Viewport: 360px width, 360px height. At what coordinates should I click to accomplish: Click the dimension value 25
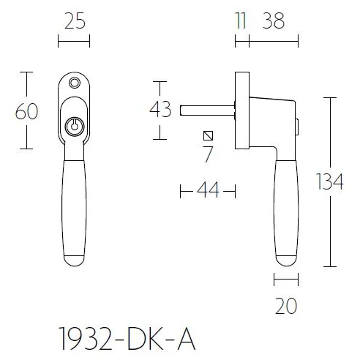73,21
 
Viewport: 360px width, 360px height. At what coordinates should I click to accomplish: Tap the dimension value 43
160,110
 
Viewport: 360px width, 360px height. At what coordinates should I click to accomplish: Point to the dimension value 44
209,191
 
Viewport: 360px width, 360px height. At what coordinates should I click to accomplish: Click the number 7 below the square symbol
209,154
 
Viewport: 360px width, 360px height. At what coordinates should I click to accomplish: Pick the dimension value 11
241,21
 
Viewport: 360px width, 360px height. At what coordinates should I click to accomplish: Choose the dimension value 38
273,21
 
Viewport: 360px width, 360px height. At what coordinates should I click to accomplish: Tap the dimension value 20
286,306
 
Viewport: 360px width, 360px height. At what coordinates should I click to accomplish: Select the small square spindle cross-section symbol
209,135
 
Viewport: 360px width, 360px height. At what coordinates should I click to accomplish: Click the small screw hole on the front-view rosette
73,83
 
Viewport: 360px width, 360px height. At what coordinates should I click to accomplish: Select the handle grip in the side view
286,212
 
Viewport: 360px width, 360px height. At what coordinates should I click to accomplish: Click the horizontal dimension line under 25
73,41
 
